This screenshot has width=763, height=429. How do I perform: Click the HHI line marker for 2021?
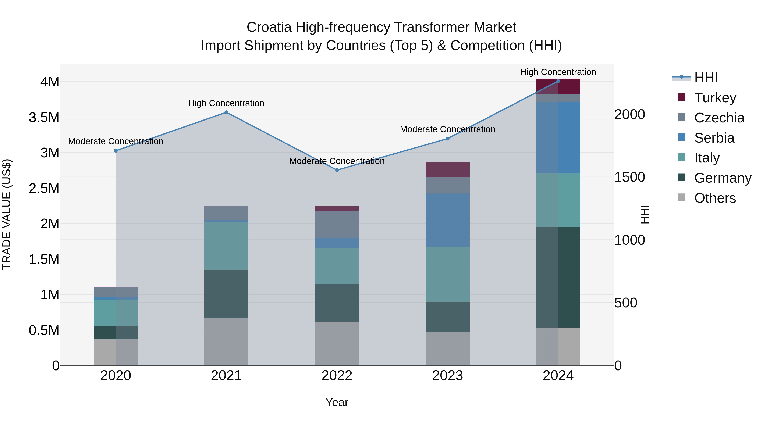(226, 112)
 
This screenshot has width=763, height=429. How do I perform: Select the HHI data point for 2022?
(337, 170)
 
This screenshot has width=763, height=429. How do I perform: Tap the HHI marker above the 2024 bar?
(558, 81)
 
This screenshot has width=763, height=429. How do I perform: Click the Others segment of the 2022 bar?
(337, 343)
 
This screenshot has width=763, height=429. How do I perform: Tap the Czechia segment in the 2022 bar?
(337, 224)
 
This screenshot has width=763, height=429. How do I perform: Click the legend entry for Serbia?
(714, 138)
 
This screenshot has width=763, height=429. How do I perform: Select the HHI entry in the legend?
(706, 78)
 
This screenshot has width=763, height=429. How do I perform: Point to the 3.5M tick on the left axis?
(44, 117)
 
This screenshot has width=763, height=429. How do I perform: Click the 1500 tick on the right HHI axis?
(629, 177)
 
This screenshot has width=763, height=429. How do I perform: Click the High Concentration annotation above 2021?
(226, 103)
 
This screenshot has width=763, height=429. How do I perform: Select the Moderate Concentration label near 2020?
(116, 141)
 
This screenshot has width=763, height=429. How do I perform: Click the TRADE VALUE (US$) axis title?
(7, 214)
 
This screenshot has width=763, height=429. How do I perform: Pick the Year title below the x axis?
(337, 402)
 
